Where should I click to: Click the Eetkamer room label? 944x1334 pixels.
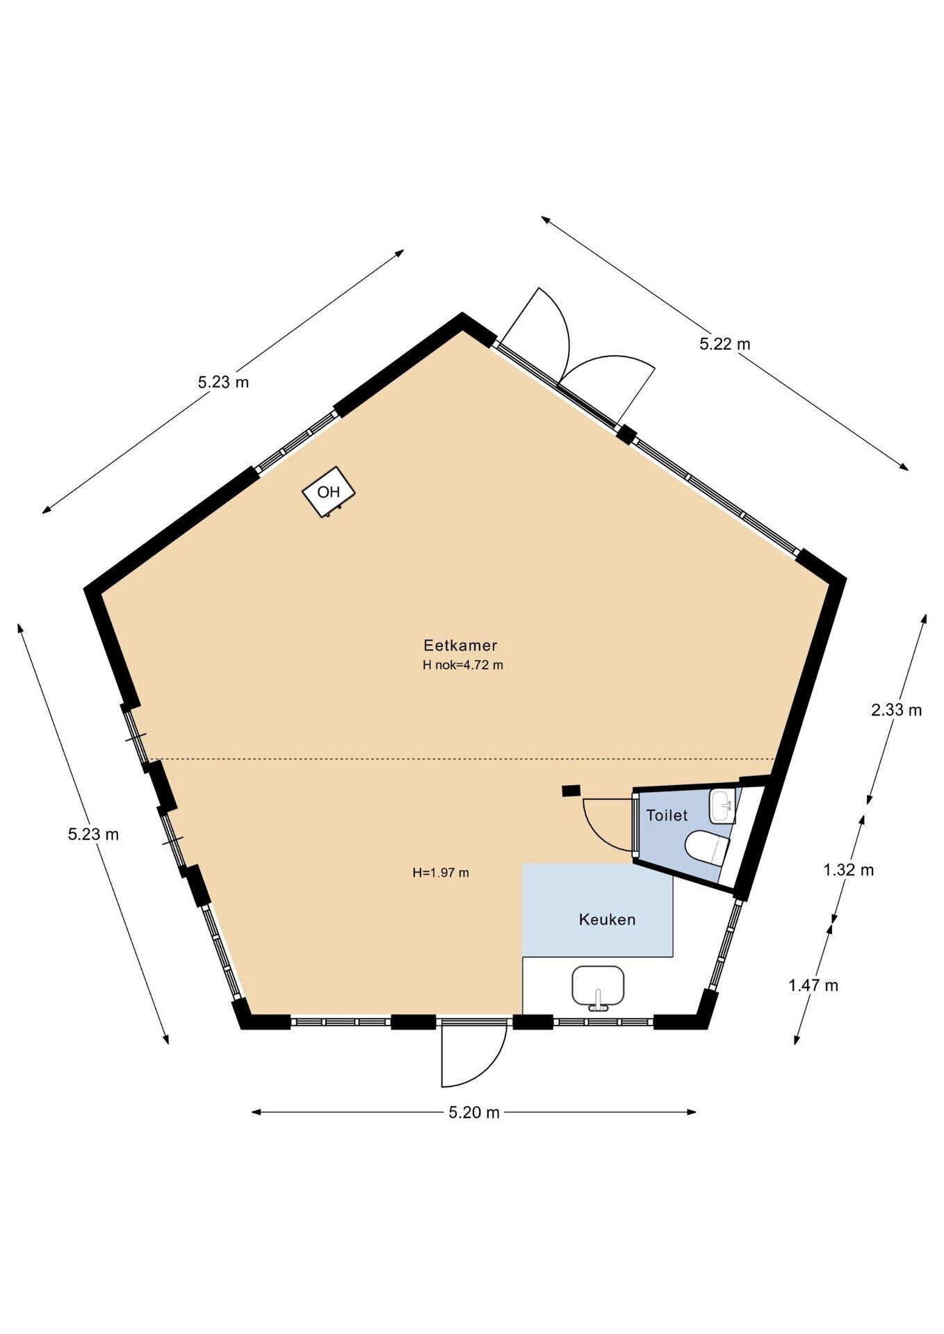pyautogui.click(x=460, y=645)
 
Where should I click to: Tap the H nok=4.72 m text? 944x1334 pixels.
pyautogui.click(x=463, y=665)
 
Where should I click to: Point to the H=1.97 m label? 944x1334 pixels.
pyautogui.click(x=441, y=873)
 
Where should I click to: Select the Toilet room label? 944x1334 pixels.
pyautogui.click(x=667, y=816)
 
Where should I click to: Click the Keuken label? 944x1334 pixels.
pyautogui.click(x=607, y=920)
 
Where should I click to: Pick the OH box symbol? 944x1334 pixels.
pyautogui.click(x=329, y=492)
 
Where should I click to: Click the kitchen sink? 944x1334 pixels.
pyautogui.click(x=598, y=987)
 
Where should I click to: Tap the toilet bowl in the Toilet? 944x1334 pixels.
pyautogui.click(x=706, y=847)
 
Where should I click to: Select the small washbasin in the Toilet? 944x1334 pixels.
pyautogui.click(x=723, y=806)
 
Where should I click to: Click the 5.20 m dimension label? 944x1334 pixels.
pyautogui.click(x=474, y=1112)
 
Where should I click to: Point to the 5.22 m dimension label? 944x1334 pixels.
pyautogui.click(x=725, y=344)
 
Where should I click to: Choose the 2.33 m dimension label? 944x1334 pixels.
pyautogui.click(x=896, y=710)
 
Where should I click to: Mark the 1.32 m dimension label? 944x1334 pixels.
pyautogui.click(x=848, y=870)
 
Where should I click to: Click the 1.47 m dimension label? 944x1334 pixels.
pyautogui.click(x=813, y=985)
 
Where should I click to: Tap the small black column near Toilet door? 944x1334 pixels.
pyautogui.click(x=571, y=790)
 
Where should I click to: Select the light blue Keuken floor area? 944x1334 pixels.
pyautogui.click(x=598, y=910)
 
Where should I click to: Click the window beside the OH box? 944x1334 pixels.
pyautogui.click(x=297, y=442)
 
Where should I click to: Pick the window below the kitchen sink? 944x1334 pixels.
pyautogui.click(x=603, y=1022)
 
